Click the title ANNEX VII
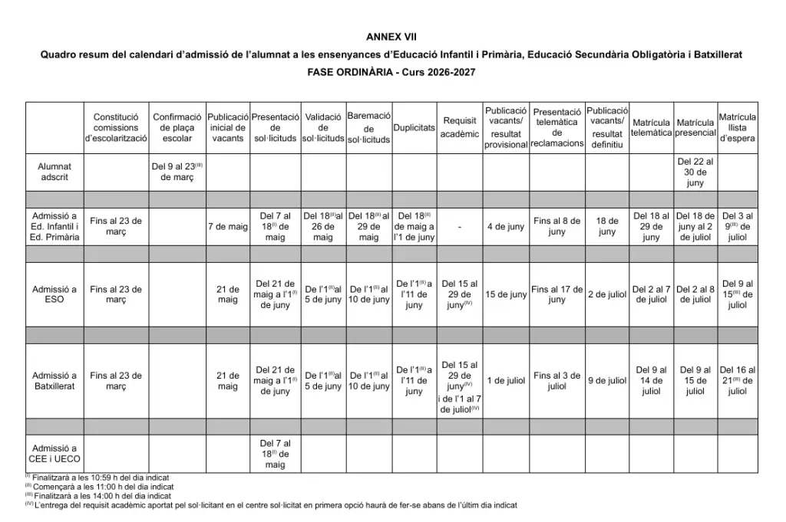(392, 36)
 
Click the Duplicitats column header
(414, 128)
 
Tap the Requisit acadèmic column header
(460, 127)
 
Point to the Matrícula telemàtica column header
(651, 128)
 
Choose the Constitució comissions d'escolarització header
(116, 128)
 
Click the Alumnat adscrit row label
(54, 172)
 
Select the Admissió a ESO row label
(54, 294)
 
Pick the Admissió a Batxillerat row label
(54, 381)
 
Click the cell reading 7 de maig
(228, 227)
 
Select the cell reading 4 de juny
(506, 227)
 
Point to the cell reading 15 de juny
(506, 295)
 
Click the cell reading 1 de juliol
(506, 381)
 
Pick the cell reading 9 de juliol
(607, 381)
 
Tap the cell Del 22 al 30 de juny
(695, 172)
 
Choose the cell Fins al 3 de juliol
(557, 381)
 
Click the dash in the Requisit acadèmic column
(459, 227)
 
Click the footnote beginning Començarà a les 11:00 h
(99, 487)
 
